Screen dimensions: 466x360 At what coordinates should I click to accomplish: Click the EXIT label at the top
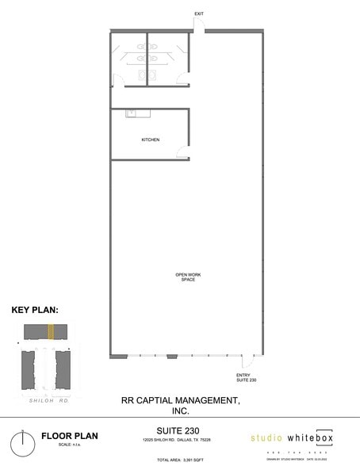tap(199, 14)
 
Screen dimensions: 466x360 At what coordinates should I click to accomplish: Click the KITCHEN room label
tap(150, 139)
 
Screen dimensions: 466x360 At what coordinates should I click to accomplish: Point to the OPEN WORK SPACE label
tap(188, 277)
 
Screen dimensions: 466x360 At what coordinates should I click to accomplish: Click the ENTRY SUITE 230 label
tap(246, 378)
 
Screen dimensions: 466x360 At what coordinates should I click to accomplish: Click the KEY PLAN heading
tap(35, 311)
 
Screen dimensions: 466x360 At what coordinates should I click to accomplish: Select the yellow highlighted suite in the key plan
tap(52, 331)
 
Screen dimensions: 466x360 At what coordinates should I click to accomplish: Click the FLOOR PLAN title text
tap(69, 435)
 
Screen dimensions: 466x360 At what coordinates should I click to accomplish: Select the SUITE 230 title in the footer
tap(178, 430)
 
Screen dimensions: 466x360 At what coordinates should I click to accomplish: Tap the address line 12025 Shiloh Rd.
tap(178, 440)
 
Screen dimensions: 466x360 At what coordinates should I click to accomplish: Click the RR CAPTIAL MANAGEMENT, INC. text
tap(180, 406)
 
